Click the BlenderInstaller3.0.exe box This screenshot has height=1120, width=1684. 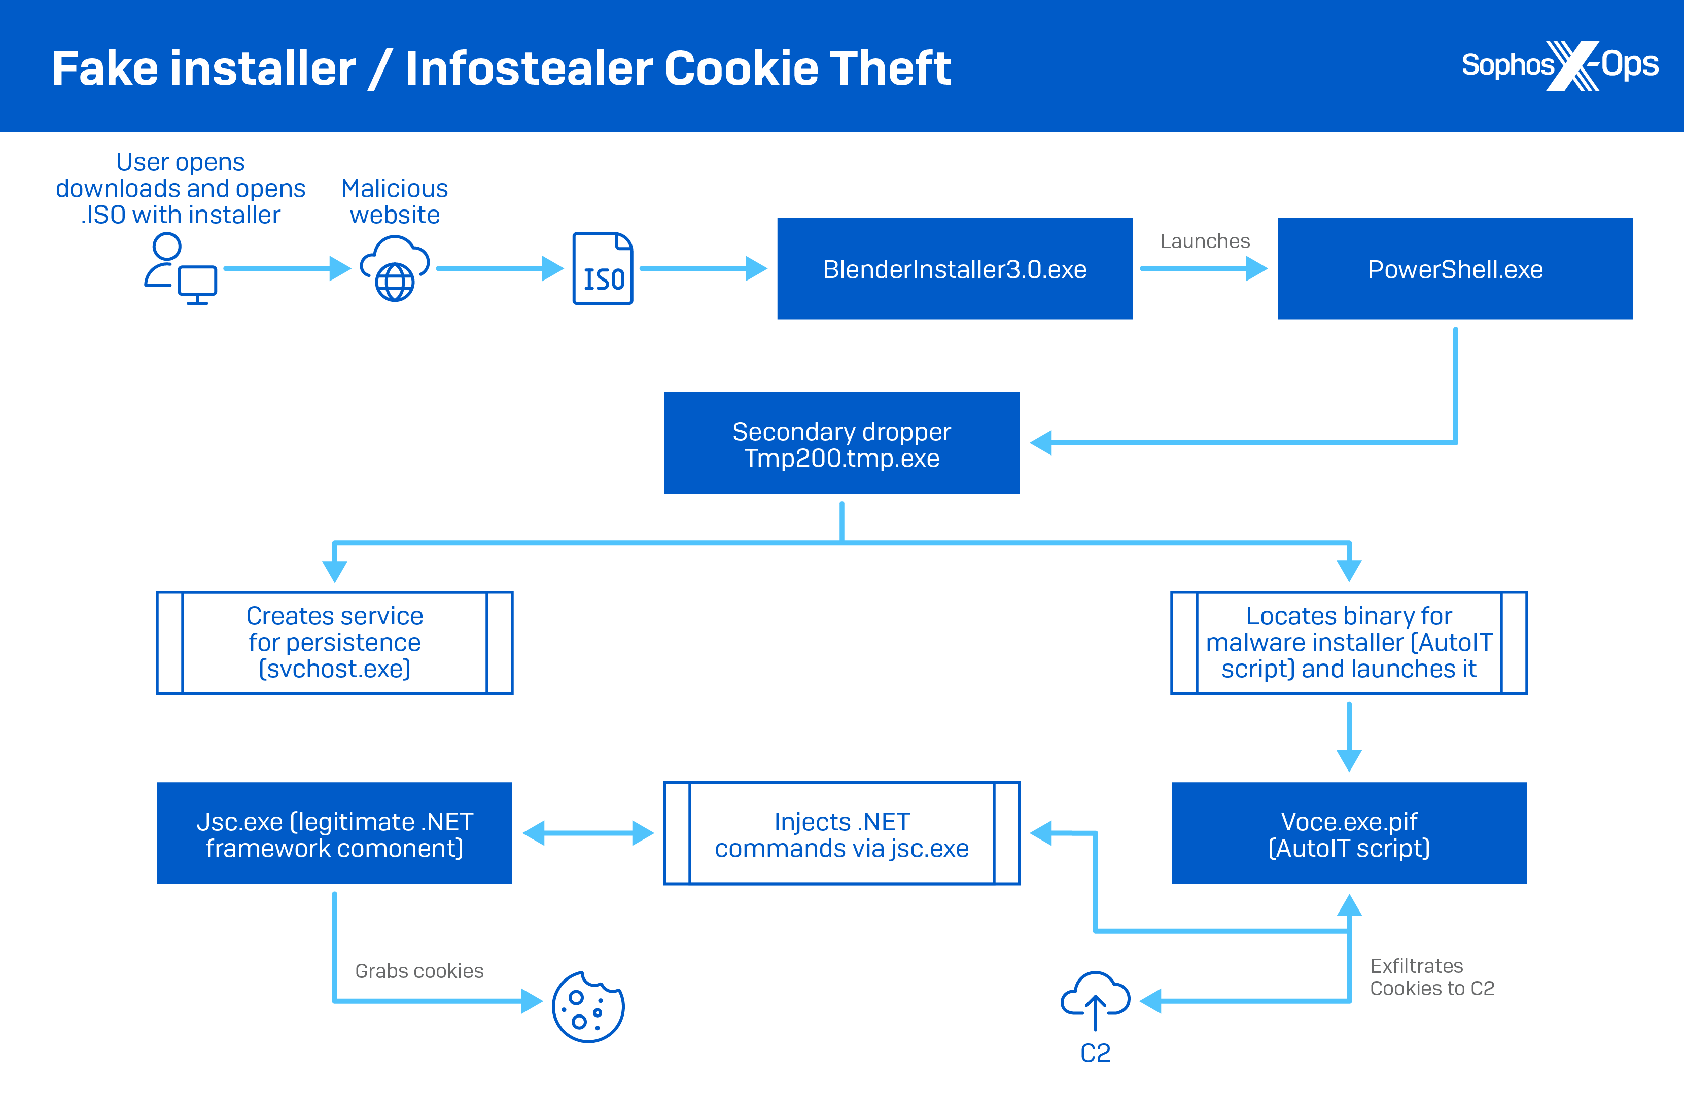(954, 268)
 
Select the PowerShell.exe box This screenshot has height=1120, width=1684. (1455, 268)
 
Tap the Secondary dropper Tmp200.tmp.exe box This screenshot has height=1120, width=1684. (841, 443)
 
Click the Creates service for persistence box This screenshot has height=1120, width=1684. (334, 642)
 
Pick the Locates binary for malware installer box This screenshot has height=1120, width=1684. (1348, 642)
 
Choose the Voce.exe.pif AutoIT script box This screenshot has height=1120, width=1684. (1348, 833)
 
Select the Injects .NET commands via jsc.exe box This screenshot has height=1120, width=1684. (841, 833)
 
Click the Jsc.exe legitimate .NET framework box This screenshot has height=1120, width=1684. (334, 833)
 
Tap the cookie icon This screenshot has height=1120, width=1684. (588, 1007)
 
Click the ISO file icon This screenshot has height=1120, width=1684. (603, 268)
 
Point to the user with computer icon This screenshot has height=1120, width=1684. (180, 268)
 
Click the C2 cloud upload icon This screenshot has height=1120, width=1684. (1095, 1000)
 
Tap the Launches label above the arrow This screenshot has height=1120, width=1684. (1204, 241)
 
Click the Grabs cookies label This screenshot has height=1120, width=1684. (419, 971)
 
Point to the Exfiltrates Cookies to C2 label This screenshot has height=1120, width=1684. (1431, 976)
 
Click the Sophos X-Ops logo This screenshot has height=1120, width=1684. (1560, 66)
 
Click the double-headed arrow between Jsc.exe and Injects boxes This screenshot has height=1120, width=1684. (588, 833)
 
